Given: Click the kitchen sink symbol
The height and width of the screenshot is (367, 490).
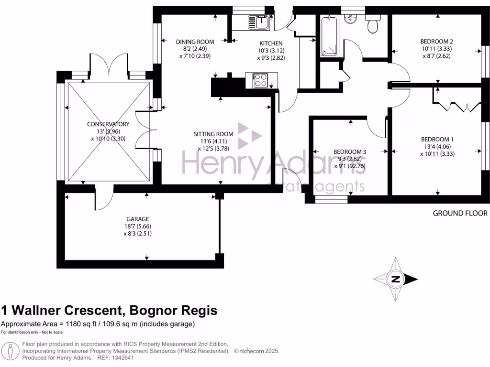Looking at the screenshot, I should (x=258, y=22).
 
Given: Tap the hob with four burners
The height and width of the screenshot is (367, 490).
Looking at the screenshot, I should (x=261, y=80).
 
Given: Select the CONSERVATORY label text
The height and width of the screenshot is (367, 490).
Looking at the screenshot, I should (x=108, y=124).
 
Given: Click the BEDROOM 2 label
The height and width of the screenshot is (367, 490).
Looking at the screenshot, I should (x=436, y=41).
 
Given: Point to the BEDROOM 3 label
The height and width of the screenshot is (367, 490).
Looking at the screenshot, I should (x=350, y=152).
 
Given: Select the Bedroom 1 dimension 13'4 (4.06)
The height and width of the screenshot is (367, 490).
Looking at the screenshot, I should (x=436, y=147).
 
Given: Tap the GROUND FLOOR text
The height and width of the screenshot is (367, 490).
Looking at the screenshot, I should (x=460, y=213).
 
